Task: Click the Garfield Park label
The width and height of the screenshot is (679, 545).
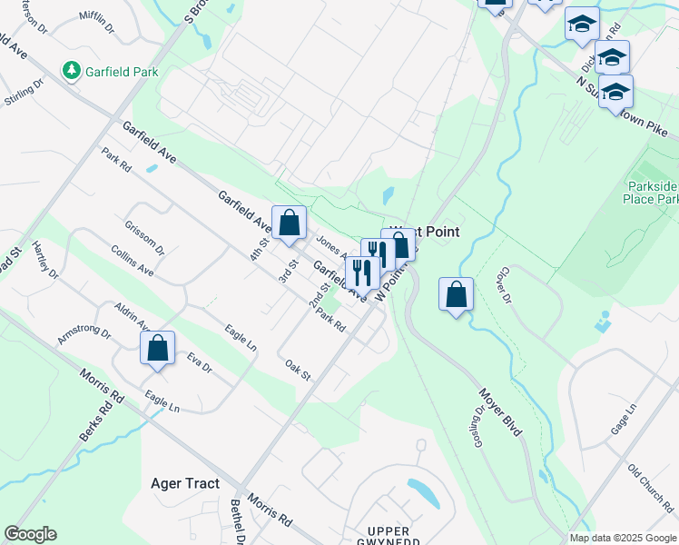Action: (x=121, y=71)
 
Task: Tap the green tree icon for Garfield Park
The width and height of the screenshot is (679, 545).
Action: (x=70, y=70)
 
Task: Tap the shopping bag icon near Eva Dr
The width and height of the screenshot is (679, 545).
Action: (x=158, y=349)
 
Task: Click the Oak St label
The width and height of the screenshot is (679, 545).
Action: (x=298, y=371)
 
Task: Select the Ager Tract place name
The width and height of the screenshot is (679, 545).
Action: (x=185, y=483)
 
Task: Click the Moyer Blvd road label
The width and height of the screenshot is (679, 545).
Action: (x=500, y=412)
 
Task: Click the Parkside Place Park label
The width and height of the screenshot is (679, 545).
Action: (x=653, y=192)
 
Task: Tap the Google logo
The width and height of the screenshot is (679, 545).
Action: (x=30, y=534)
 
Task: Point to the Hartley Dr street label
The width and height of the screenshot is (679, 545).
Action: (x=44, y=260)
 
